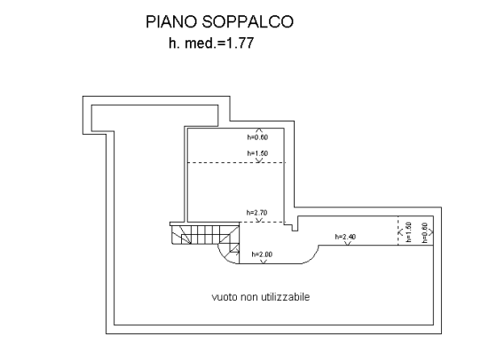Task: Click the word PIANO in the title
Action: coord(172,22)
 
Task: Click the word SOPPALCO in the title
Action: coord(248,22)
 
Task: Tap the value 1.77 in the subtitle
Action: coord(240,43)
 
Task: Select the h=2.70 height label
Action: coord(257,213)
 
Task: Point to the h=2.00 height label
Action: coord(262,254)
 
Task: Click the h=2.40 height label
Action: coord(345,237)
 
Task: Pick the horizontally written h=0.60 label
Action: coord(257,137)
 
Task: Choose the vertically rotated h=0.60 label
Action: coord(424,233)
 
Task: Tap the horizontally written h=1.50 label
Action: coord(257,153)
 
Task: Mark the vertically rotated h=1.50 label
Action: coord(408,232)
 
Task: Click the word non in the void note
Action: coord(249,297)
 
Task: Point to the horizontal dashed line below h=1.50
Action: coord(236,162)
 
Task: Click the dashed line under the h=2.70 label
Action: coord(263,223)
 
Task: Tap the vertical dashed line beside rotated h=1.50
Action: coord(398,231)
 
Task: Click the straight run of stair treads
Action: coord(205,234)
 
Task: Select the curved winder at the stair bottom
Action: coord(229,253)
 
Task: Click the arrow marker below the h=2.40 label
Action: coord(348,243)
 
